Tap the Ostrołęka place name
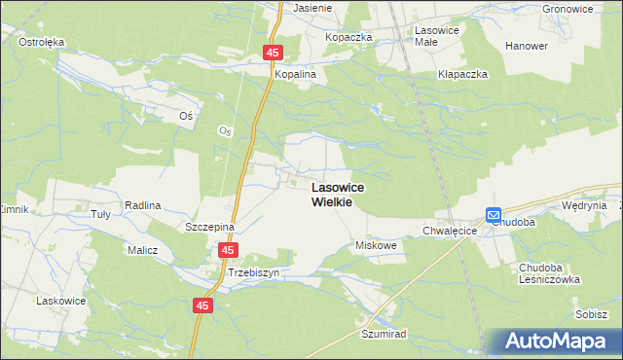tap(41, 42)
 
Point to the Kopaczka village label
tap(349, 37)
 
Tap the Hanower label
tap(527, 46)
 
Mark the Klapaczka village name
tap(462, 74)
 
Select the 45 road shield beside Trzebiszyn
tap(227, 250)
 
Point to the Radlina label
tap(142, 205)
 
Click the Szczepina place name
tap(210, 226)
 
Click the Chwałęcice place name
tap(449, 232)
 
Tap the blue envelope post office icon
tap(494, 215)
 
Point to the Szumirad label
tap(383, 333)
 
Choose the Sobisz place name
tap(591, 314)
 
